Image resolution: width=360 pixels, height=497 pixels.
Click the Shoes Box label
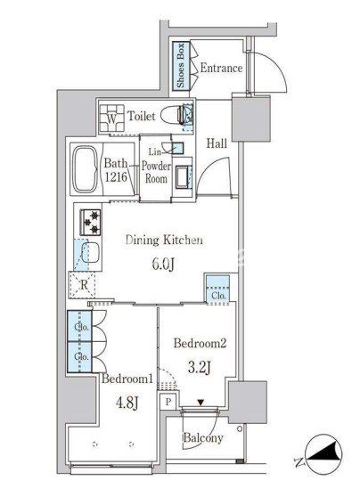[181, 65]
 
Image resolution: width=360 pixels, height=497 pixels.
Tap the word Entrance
[221, 69]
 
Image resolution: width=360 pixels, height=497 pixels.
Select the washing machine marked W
[111, 118]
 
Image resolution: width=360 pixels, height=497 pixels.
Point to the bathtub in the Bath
[86, 168]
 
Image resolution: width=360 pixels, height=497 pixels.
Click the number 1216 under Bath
[116, 177]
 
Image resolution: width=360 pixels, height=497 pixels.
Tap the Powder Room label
[156, 172]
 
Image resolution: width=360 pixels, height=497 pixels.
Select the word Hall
[217, 143]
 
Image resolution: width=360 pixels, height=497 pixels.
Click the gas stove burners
[90, 222]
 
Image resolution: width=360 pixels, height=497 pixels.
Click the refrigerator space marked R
[84, 285]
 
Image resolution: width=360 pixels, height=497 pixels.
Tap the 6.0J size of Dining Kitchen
[163, 264]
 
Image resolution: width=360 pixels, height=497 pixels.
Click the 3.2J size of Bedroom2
[200, 368]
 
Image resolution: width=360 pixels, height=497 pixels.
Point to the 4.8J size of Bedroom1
[127, 403]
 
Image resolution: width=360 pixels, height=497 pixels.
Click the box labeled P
[168, 402]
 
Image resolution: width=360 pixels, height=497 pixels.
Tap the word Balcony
[203, 438]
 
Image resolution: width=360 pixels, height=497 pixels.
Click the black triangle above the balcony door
[200, 403]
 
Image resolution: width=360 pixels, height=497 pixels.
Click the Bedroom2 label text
[200, 343]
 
